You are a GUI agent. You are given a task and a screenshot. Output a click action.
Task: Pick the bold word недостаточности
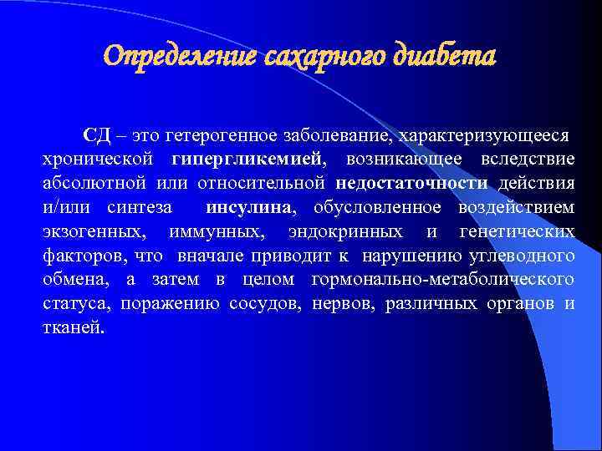[412, 183]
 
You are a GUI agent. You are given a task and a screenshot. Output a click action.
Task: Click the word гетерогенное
[220, 135]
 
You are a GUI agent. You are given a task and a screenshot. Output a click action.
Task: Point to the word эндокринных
[346, 231]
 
